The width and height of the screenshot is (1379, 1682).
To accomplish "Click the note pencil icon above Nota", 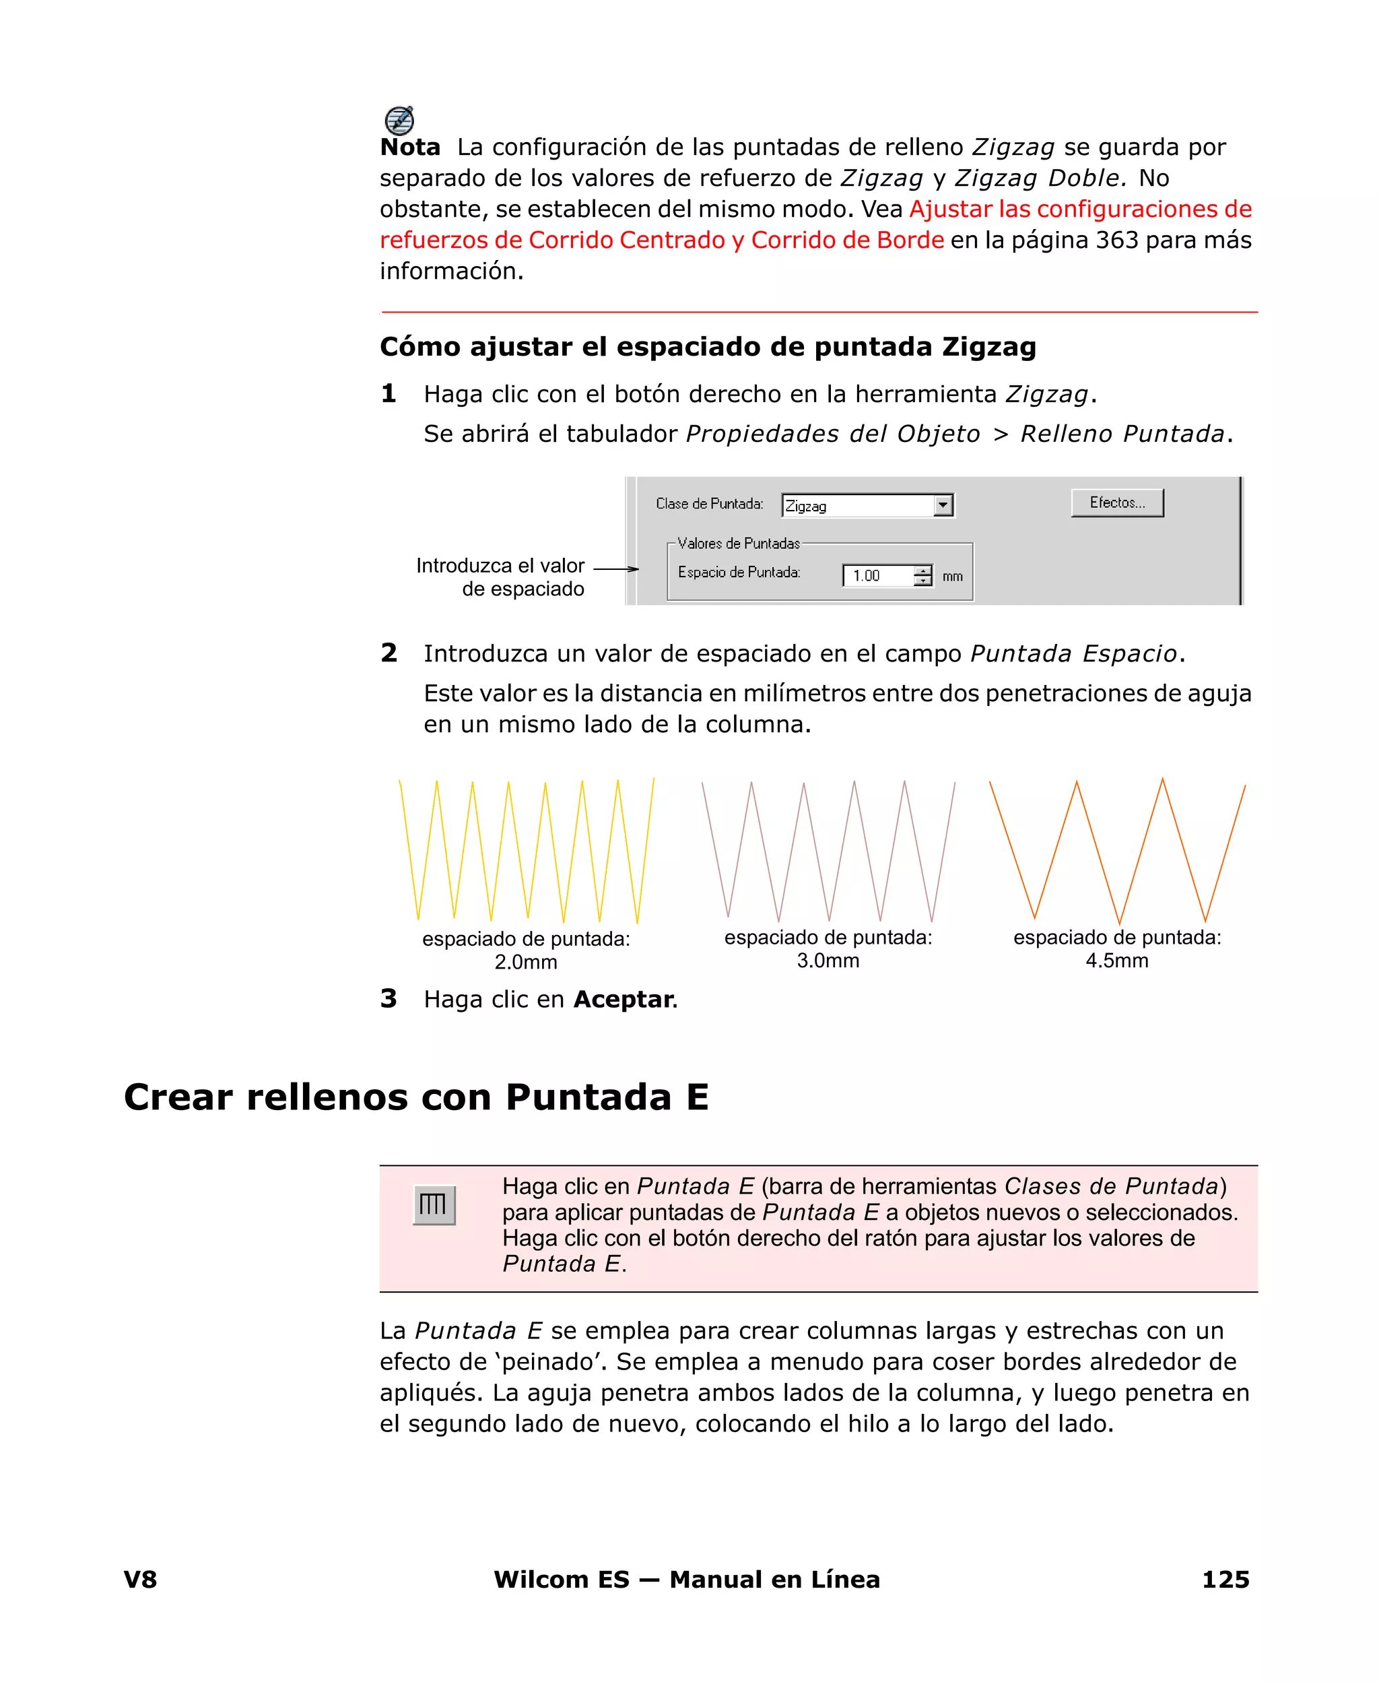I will [x=399, y=120].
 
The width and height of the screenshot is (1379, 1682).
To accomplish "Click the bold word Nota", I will [x=410, y=148].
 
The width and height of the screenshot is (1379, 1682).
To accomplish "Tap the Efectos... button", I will [x=1117, y=503].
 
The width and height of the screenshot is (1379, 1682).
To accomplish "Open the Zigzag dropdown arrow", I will [x=943, y=505].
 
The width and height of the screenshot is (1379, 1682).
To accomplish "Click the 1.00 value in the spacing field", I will [x=867, y=576].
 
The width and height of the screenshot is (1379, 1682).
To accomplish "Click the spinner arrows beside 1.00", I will [x=922, y=576].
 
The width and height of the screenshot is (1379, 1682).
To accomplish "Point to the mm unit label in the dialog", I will [x=952, y=577].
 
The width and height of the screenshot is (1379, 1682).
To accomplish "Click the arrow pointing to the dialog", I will [x=616, y=569].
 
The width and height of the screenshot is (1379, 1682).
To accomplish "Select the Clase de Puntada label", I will [x=709, y=504].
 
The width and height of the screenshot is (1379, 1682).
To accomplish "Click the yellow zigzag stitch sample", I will [x=526, y=851].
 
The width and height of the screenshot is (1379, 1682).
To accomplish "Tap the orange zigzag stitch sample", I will [x=1117, y=851].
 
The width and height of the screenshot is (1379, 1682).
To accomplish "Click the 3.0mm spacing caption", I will [x=828, y=961].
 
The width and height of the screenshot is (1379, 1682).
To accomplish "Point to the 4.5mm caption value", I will [x=1117, y=961].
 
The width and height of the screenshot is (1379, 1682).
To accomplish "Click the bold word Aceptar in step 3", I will [x=624, y=1000].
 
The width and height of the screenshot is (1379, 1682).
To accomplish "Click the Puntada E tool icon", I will [x=434, y=1205].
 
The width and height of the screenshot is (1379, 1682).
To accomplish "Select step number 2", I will [x=389, y=653].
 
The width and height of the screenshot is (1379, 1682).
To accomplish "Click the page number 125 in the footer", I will [x=1225, y=1580].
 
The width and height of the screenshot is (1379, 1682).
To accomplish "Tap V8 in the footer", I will [x=141, y=1580].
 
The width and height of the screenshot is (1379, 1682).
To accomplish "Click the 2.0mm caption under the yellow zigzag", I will [x=526, y=962].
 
